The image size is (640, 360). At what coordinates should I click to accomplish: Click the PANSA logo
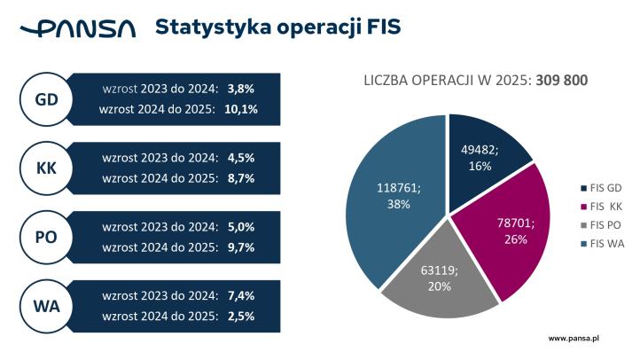pos(78,28)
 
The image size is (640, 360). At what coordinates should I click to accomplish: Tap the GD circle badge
pos(46,99)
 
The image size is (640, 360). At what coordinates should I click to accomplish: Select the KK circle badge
pos(46,168)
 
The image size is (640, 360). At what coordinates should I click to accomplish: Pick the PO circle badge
pos(46,238)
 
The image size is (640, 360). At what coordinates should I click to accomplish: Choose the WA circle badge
pos(46,307)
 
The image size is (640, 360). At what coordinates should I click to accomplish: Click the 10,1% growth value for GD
pos(242,110)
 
